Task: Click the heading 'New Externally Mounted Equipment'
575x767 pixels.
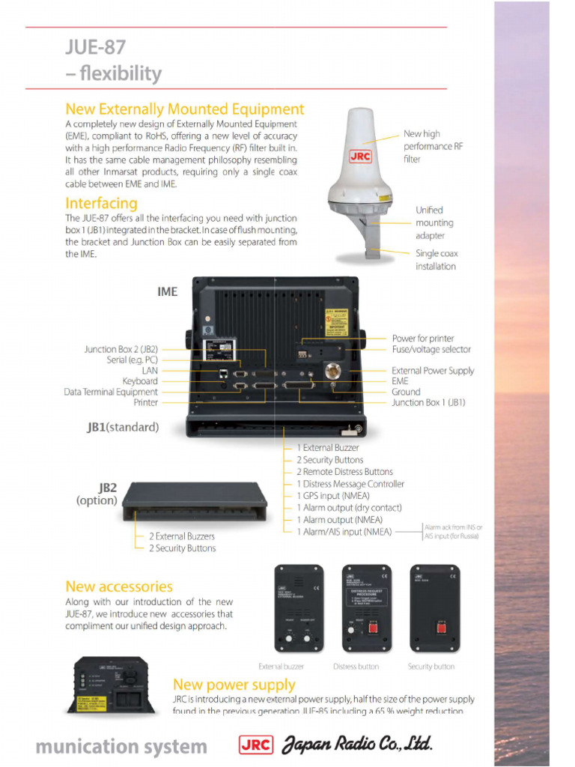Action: pos(185,109)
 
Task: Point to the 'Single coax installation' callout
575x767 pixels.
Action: pos(436,260)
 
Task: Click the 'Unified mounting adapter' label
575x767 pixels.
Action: pos(434,222)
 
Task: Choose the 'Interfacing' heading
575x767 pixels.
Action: pos(101,203)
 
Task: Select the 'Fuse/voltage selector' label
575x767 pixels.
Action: pos(431,350)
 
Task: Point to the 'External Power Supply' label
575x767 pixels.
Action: pos(433,371)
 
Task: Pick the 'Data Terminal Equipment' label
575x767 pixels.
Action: pos(111,392)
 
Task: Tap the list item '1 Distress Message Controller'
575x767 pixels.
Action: pos(350,484)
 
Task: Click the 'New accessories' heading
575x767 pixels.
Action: pos(119,586)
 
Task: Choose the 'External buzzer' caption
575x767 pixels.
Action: pos(282,667)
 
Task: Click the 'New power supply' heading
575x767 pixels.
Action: pos(234,685)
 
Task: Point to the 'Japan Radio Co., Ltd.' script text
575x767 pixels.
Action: pos(357,745)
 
